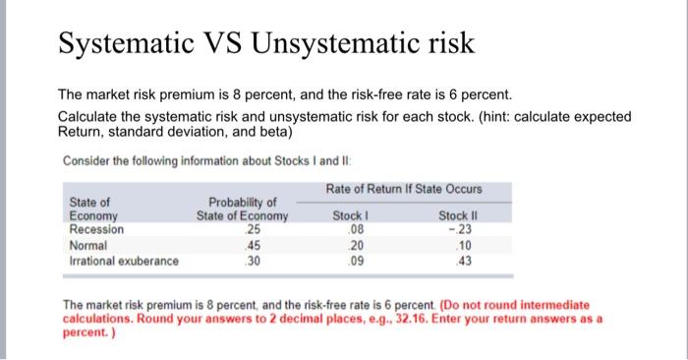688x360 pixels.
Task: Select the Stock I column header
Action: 351,215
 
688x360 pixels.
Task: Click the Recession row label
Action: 97,229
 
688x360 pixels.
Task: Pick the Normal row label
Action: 89,245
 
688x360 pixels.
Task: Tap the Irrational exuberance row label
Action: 125,261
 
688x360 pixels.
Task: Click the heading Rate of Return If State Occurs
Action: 403,189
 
